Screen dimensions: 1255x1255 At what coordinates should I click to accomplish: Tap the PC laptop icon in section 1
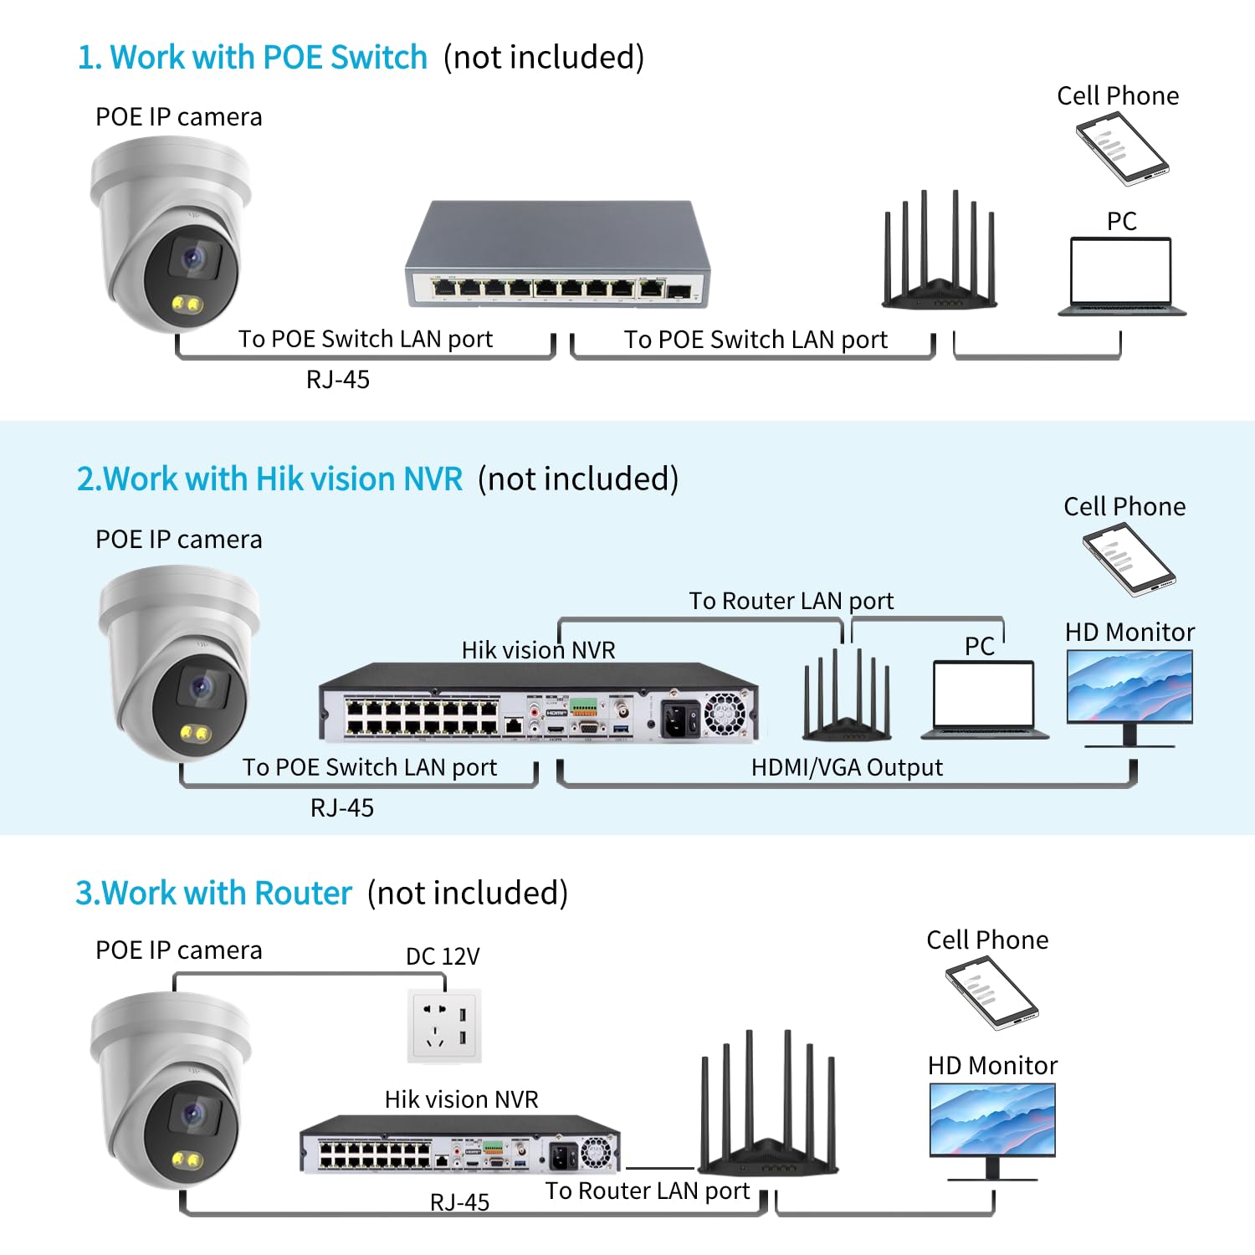1121,276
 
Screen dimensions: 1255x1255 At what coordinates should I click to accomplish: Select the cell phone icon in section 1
1121,148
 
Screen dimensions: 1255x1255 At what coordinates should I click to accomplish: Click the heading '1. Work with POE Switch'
252,58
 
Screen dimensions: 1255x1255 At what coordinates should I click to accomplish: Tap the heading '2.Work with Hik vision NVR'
269,479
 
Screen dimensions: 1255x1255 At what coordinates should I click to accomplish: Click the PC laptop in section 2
984,699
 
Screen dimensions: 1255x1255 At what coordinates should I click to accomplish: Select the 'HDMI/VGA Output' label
847,767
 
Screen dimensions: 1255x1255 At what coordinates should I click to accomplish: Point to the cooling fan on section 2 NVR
725,714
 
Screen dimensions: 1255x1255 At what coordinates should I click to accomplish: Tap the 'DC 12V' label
443,956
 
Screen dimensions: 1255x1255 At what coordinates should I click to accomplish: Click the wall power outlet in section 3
444,1027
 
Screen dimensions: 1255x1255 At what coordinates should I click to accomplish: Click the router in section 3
768,1113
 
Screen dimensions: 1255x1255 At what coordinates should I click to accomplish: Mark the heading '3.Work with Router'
213,894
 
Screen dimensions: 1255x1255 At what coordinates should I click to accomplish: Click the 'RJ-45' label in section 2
342,808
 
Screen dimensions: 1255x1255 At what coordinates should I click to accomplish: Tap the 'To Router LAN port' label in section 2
791,601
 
